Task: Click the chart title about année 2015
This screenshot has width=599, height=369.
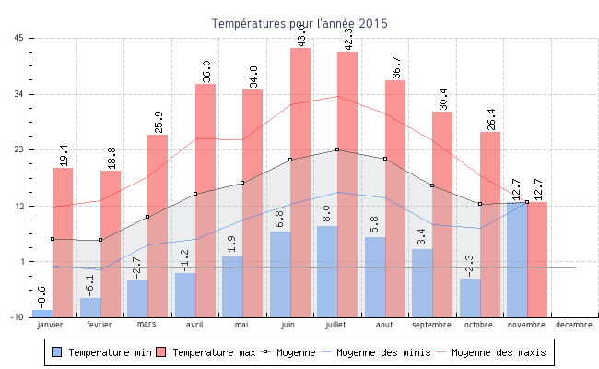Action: pos(299,23)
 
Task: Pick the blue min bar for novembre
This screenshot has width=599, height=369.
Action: pos(517,258)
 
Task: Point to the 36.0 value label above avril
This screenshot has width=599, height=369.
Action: pos(206,71)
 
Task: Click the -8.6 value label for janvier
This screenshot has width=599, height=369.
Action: pos(41,297)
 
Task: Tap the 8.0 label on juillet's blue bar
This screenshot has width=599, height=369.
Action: pos(327,213)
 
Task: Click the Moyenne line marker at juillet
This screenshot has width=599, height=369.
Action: pos(337,149)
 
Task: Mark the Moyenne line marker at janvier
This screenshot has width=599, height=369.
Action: pos(53,239)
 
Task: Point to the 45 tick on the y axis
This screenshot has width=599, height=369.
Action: pos(19,38)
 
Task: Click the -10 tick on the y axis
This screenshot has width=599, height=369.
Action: pos(18,316)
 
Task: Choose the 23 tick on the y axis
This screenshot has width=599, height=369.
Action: pos(19,149)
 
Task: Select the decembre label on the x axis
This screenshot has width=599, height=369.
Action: pos(574,325)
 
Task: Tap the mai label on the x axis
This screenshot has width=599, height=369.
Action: pos(241,325)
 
